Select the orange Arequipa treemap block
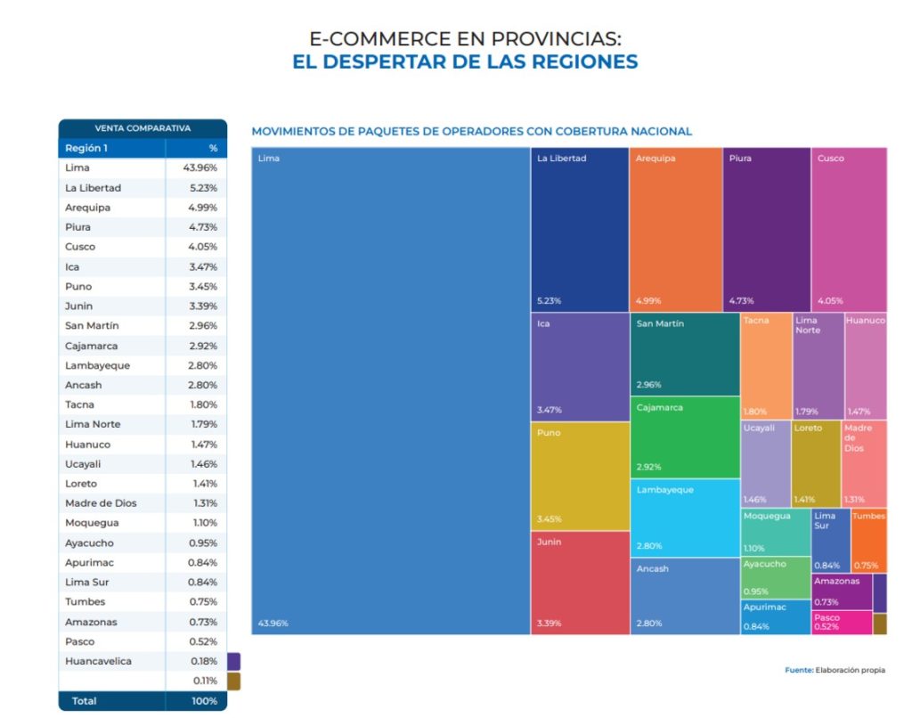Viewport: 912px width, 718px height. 675,229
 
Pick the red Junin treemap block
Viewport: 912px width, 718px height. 579,582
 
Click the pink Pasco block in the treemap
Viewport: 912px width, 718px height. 841,622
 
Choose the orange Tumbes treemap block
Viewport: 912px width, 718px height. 868,540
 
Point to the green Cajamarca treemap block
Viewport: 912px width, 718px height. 684,437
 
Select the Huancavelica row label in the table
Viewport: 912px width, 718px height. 98,661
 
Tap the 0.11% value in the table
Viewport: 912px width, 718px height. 205,681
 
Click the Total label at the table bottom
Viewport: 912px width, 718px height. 85,701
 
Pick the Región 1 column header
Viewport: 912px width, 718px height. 86,148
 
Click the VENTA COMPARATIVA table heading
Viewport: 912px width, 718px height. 142,128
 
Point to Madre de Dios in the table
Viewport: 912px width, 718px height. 101,503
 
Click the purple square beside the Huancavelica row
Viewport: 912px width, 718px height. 234,661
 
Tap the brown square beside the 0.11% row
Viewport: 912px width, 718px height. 234,681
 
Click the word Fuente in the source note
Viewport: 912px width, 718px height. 799,670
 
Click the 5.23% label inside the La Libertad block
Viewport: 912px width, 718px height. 550,300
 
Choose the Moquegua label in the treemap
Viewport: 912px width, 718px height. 766,516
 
